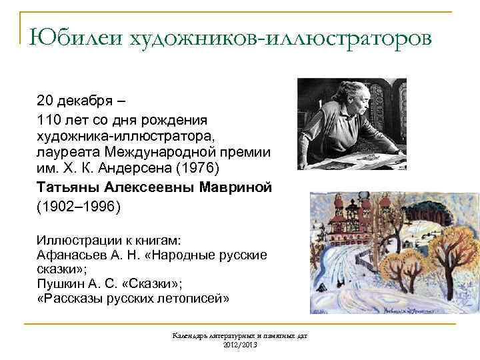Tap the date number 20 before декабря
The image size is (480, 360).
45,101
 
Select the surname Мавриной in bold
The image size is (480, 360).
236,187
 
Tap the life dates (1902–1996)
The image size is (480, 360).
79,207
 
